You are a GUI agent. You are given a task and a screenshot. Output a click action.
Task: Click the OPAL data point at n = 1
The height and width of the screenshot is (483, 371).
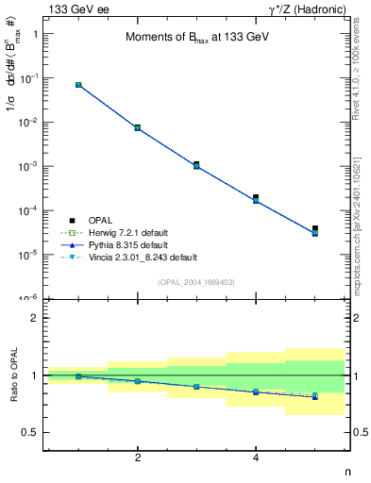[x=78, y=85]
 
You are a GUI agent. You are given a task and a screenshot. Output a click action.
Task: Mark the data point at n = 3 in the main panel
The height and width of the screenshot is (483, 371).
[x=196, y=164]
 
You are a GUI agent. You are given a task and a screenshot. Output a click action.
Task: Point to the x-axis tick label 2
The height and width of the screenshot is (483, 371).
[x=138, y=458]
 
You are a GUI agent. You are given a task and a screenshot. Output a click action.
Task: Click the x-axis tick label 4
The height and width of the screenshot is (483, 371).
[x=256, y=458]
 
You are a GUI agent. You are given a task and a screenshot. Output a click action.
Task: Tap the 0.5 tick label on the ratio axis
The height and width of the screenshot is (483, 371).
[x=29, y=433]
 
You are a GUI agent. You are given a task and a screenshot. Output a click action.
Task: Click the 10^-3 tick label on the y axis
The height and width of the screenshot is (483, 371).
[x=26, y=166]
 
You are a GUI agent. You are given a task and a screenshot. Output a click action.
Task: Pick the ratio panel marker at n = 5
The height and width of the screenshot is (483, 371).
[x=315, y=396]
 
